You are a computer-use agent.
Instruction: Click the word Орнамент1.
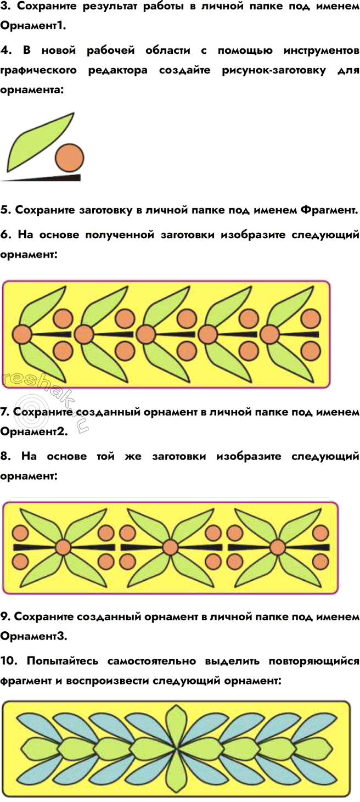tap(33, 26)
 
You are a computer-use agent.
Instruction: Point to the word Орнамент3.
tap(33, 636)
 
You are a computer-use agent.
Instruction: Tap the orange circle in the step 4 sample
tap(70, 157)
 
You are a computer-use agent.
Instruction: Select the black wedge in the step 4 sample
tap(41, 178)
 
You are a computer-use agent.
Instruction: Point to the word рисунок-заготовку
tap(274, 70)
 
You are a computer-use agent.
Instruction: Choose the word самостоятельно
tap(151, 661)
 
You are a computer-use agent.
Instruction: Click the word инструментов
tap(322, 51)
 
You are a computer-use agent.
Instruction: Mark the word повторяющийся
tap(314, 661)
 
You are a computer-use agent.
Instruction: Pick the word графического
tap(38, 70)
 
